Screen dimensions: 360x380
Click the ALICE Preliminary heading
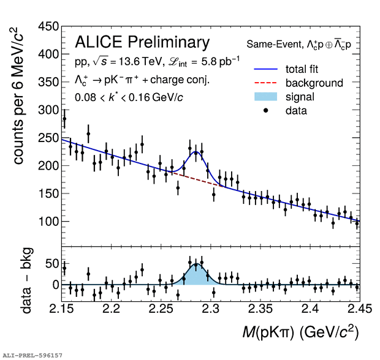(142, 42)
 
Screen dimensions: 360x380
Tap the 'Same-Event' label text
(270, 44)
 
